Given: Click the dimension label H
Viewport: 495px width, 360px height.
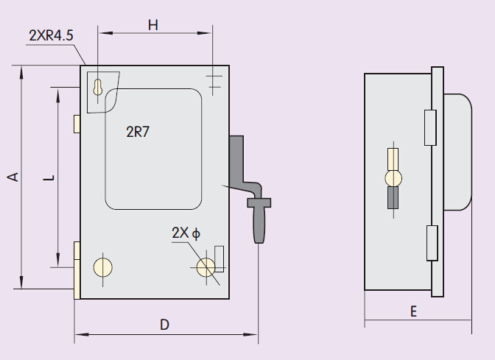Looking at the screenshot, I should tap(153, 24).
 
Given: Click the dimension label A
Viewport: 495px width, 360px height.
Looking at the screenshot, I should tap(13, 177).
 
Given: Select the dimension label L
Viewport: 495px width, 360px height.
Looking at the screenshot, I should tap(47, 177).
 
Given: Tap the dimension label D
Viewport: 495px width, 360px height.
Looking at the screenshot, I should tap(165, 324).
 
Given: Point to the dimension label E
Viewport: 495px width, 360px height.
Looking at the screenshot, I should tap(414, 311).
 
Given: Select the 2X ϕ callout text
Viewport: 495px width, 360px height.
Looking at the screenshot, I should tap(186, 233).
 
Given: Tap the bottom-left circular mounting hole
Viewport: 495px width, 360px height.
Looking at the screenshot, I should tap(102, 267).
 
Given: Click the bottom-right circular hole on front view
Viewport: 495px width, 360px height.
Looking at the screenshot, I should tap(206, 267).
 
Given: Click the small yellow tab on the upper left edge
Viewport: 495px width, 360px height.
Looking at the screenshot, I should tap(77, 124).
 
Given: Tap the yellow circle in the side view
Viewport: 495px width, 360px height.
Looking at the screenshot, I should tap(393, 177).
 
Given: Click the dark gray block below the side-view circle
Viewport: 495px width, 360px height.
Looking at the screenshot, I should tap(393, 198).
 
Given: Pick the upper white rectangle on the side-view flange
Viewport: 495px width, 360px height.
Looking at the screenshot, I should tap(432, 127).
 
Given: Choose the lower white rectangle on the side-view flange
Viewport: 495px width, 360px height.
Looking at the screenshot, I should tap(432, 244).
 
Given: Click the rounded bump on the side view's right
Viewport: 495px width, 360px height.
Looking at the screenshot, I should tap(458, 152).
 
